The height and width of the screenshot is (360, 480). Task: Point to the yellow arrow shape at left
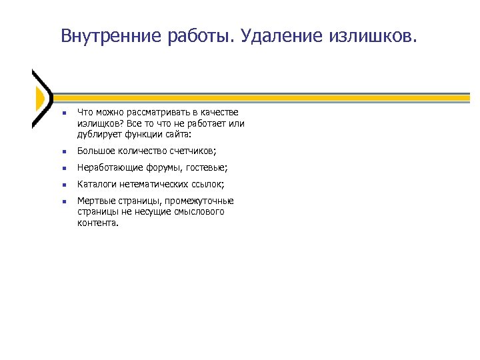(x=40, y=98)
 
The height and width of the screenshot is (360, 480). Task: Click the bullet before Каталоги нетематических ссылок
(x=61, y=185)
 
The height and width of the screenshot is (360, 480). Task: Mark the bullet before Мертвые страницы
(x=61, y=201)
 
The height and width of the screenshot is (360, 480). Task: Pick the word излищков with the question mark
(x=97, y=123)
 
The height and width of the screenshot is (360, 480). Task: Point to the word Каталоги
(x=96, y=184)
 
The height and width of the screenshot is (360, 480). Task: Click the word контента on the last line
(x=97, y=223)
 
